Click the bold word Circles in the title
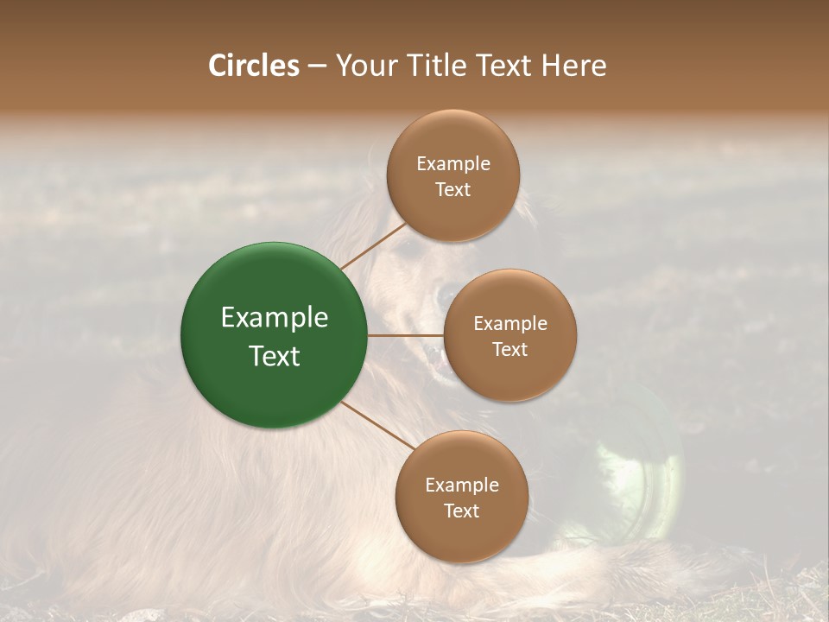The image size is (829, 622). click(x=253, y=66)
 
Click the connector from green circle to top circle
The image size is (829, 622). click(x=373, y=244)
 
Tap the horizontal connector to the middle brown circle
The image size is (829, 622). click(x=405, y=335)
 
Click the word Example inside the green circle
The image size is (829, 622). click(x=275, y=318)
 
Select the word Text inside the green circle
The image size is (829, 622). click(x=275, y=356)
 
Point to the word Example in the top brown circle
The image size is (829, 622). click(x=452, y=164)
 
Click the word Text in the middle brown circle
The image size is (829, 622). click(x=509, y=349)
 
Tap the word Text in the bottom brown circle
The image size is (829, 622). click(x=461, y=511)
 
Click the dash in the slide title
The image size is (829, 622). click(x=316, y=66)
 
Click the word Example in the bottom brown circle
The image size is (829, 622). click(x=461, y=485)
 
